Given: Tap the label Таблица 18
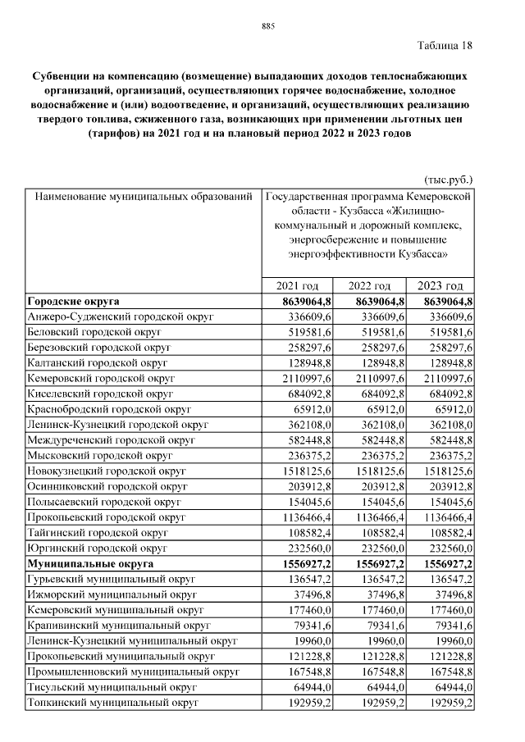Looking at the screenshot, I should (445, 44).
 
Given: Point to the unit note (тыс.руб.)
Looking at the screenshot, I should (448, 179).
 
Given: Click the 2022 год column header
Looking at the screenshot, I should (369, 286).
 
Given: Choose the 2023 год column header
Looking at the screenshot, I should (441, 286).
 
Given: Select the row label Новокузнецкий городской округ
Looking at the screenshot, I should (107, 472).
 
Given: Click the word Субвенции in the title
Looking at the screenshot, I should (60, 69).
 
